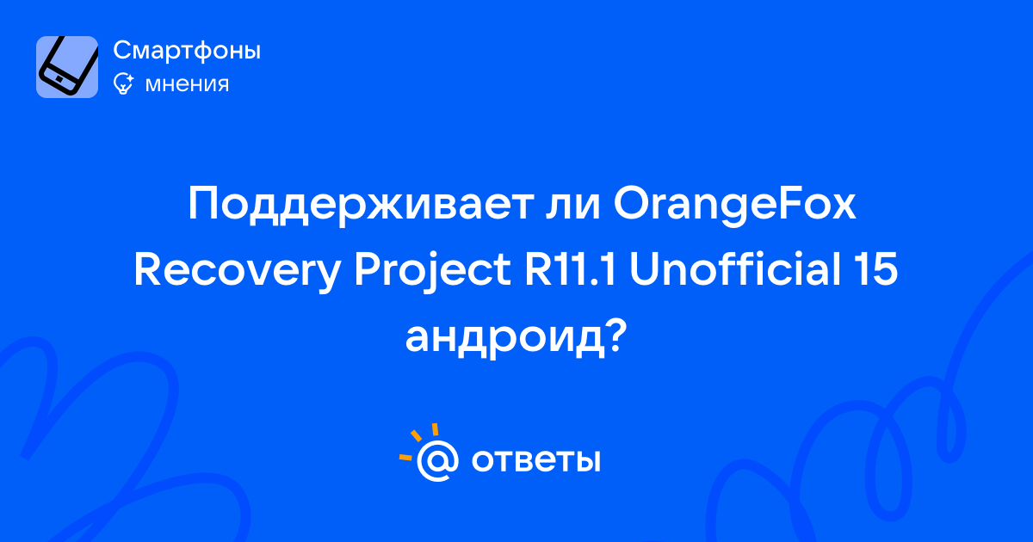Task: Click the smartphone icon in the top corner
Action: point(67,67)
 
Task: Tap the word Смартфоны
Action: point(187,50)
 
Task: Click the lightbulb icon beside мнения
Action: point(123,83)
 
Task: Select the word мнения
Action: point(187,84)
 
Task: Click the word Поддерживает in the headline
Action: point(361,205)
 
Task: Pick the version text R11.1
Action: point(571,269)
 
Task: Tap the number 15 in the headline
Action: point(875,269)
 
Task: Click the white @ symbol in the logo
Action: point(437,461)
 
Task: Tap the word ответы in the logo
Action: point(535,460)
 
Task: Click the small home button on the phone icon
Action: point(59,79)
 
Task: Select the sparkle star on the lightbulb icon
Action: point(128,78)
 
